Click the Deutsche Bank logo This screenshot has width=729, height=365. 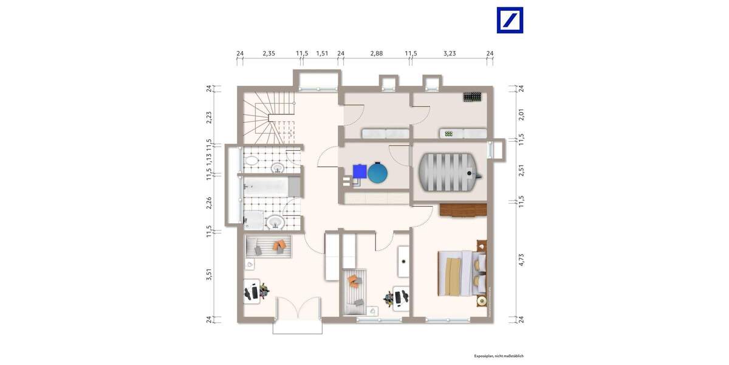click(510, 20)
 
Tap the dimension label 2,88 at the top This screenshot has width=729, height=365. click(377, 54)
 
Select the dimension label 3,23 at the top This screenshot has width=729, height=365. click(449, 54)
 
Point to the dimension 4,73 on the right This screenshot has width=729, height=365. click(521, 260)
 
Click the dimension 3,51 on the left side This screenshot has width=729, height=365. click(209, 274)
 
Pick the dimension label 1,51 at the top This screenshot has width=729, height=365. click(323, 54)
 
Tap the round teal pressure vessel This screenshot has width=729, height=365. click(377, 173)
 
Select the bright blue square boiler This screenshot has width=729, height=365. click(360, 172)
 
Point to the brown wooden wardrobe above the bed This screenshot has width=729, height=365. click(463, 210)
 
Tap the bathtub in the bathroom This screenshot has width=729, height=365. click(267, 185)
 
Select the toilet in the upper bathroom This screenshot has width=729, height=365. click(251, 161)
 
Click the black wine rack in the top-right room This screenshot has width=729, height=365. click(472, 97)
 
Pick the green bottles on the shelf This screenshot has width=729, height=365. click(449, 133)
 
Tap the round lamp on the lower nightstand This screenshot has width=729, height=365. click(481, 301)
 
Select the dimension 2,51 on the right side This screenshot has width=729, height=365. click(521, 170)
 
